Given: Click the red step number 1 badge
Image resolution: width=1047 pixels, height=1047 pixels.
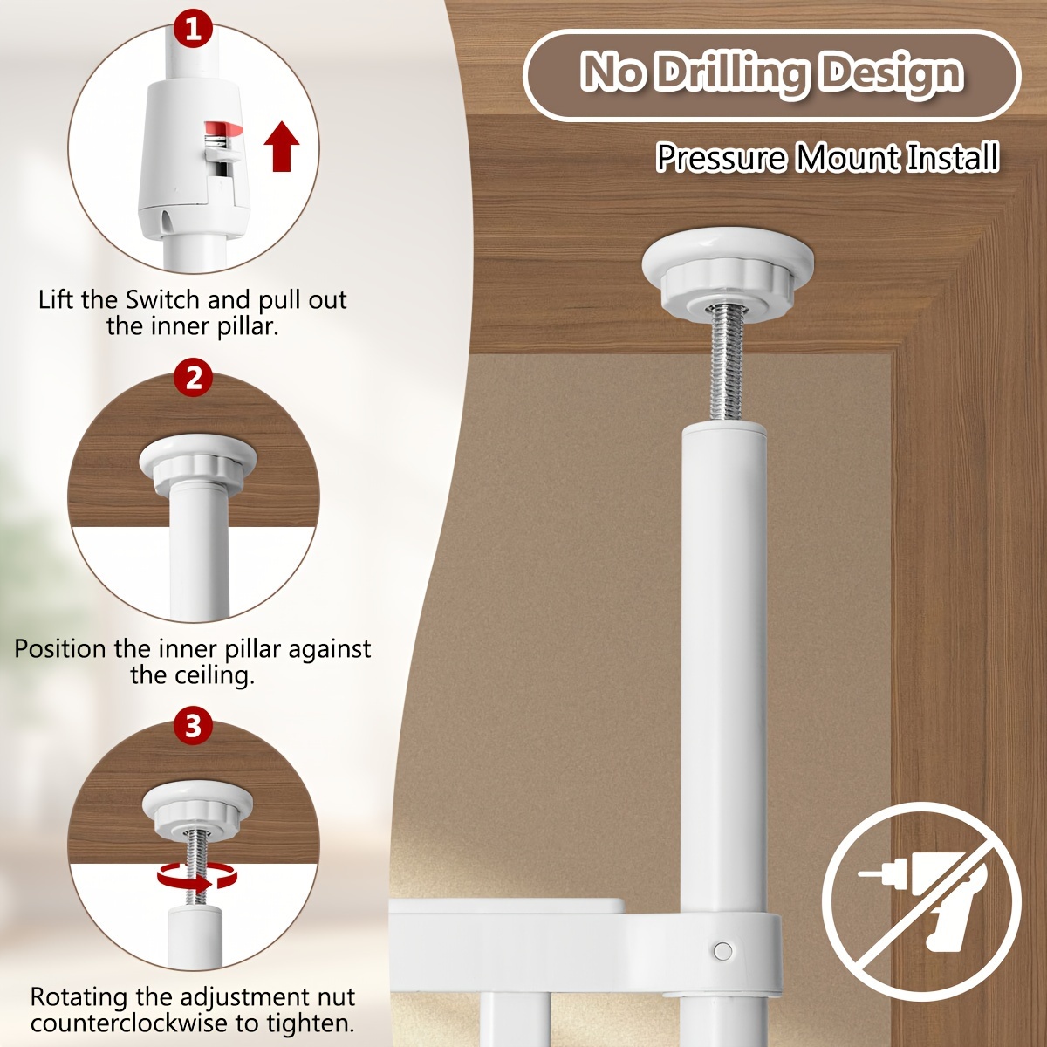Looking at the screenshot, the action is tap(194, 30).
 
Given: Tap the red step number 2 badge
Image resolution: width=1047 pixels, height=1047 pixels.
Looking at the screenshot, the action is tap(194, 379).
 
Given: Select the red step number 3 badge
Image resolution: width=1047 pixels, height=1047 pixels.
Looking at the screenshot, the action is tap(194, 726).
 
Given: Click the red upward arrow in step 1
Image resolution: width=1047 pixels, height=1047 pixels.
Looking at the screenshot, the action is tap(282, 147).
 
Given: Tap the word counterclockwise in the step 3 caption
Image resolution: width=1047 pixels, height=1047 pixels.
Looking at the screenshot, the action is tap(130, 1023).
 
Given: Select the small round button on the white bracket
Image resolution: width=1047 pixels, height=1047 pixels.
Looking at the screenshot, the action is tap(722, 951).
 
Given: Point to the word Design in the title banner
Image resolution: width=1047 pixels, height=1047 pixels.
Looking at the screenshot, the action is tap(892, 73).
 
